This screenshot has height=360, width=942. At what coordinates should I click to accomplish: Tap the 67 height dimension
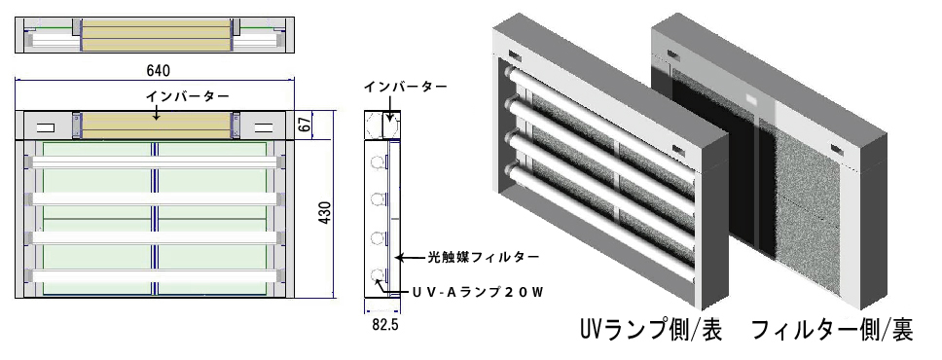click(x=305, y=126)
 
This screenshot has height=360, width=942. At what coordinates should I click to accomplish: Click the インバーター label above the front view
click(x=187, y=96)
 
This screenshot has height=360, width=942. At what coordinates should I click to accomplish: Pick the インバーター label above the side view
click(x=405, y=87)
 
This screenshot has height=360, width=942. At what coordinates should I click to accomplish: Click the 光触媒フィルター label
click(x=484, y=258)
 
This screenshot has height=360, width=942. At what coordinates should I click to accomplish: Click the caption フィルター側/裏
click(x=832, y=329)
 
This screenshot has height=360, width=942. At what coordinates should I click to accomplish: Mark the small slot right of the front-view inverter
click(x=263, y=126)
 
